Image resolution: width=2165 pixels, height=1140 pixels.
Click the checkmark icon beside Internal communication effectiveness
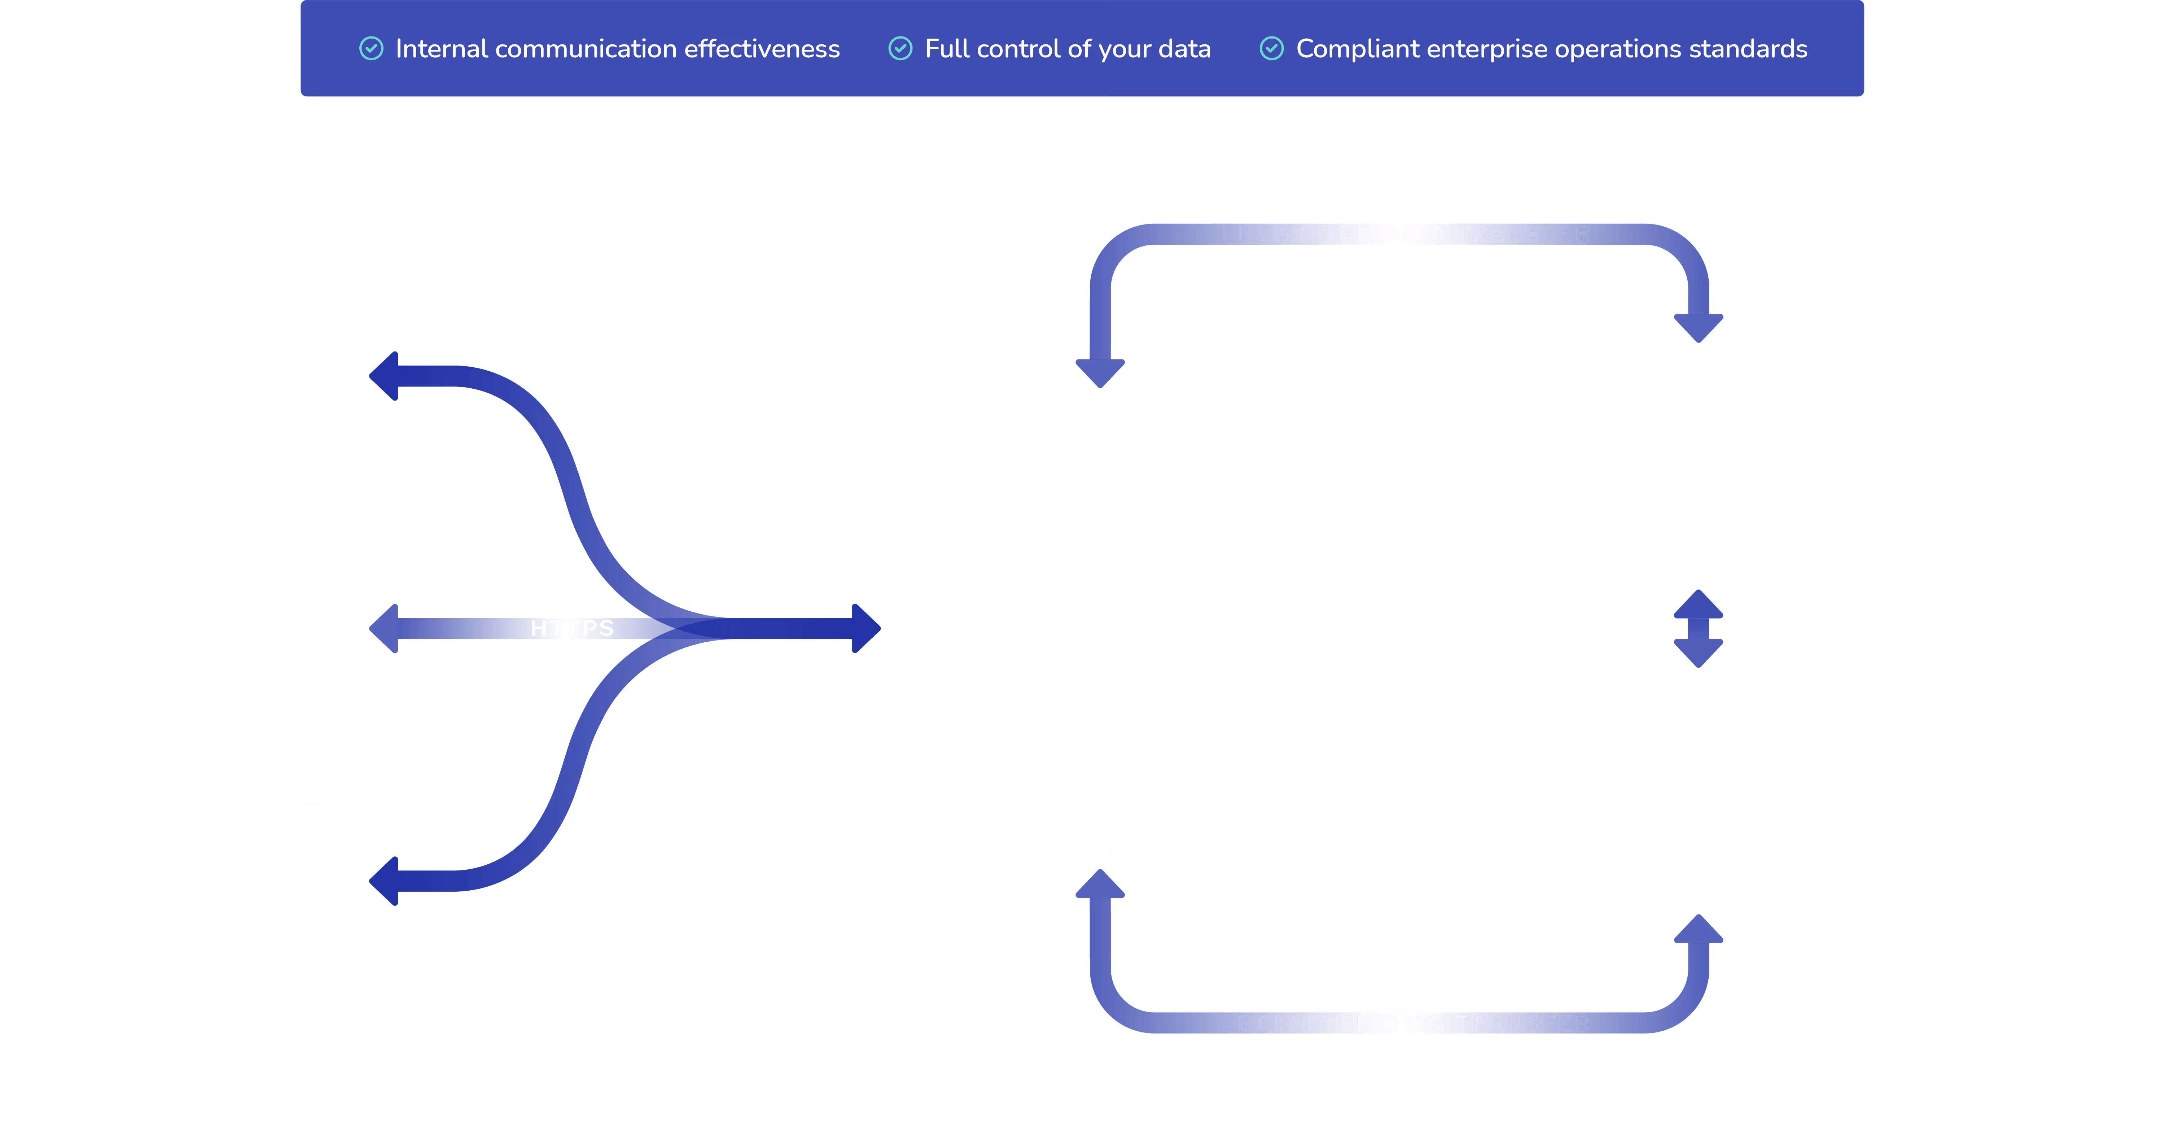coord(372,49)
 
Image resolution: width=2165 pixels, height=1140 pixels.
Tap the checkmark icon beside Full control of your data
coord(900,49)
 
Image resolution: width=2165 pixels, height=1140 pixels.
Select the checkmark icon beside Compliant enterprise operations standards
coord(1272,49)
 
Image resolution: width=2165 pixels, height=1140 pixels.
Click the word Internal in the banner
coord(441,49)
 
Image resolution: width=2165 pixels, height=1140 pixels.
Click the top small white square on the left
coord(259,376)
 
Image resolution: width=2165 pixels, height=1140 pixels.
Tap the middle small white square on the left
coord(259,628)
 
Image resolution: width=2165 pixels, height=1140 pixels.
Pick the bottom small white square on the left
coord(259,881)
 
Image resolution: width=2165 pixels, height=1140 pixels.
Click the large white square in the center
coord(1100,628)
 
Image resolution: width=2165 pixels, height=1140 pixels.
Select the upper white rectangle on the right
coord(1699,466)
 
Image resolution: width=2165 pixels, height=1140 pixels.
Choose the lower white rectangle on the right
coord(1699,791)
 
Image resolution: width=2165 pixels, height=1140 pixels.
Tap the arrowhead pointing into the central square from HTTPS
coord(865,628)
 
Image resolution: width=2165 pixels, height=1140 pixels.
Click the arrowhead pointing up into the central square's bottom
coord(1100,885)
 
